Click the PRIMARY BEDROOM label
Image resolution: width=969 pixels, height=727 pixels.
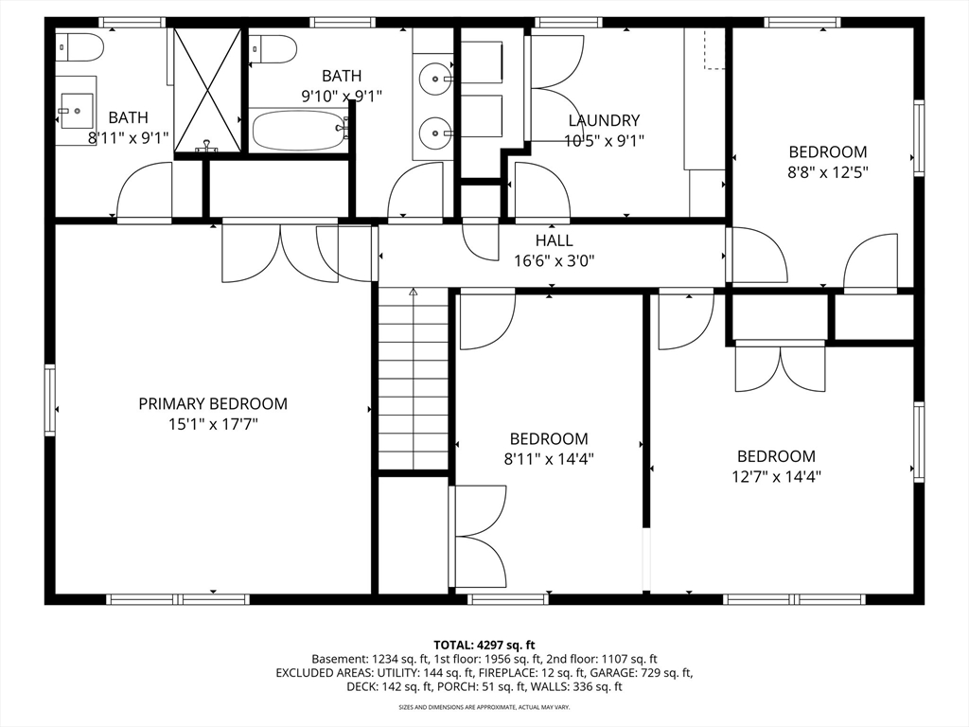(x=213, y=403)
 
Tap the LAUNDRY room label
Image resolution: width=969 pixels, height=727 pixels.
(x=604, y=120)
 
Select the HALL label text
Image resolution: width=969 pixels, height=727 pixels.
(x=554, y=239)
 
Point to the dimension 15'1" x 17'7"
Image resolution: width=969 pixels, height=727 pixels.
(x=213, y=424)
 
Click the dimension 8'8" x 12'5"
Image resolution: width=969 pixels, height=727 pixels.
(x=827, y=172)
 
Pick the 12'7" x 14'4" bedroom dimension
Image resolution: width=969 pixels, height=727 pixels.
(x=776, y=477)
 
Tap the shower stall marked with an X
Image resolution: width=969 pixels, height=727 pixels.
(x=207, y=90)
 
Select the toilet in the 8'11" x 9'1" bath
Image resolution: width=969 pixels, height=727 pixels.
(x=79, y=47)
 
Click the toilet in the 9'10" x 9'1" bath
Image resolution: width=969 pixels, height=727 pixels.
(x=273, y=49)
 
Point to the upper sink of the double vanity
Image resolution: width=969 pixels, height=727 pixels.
(x=435, y=80)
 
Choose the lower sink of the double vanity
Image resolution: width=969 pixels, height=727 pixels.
(x=435, y=133)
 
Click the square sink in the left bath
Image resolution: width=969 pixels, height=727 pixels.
(x=77, y=111)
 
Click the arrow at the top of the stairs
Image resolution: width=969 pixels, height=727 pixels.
(x=414, y=292)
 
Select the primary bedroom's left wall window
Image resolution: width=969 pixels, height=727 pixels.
(x=49, y=400)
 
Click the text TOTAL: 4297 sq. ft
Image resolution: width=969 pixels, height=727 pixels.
(x=484, y=646)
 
